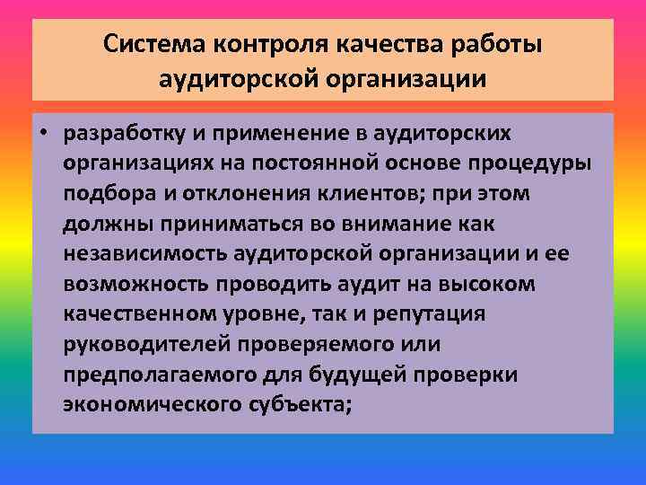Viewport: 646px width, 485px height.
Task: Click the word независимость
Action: coord(144,253)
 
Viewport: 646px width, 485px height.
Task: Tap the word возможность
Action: coord(133,283)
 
